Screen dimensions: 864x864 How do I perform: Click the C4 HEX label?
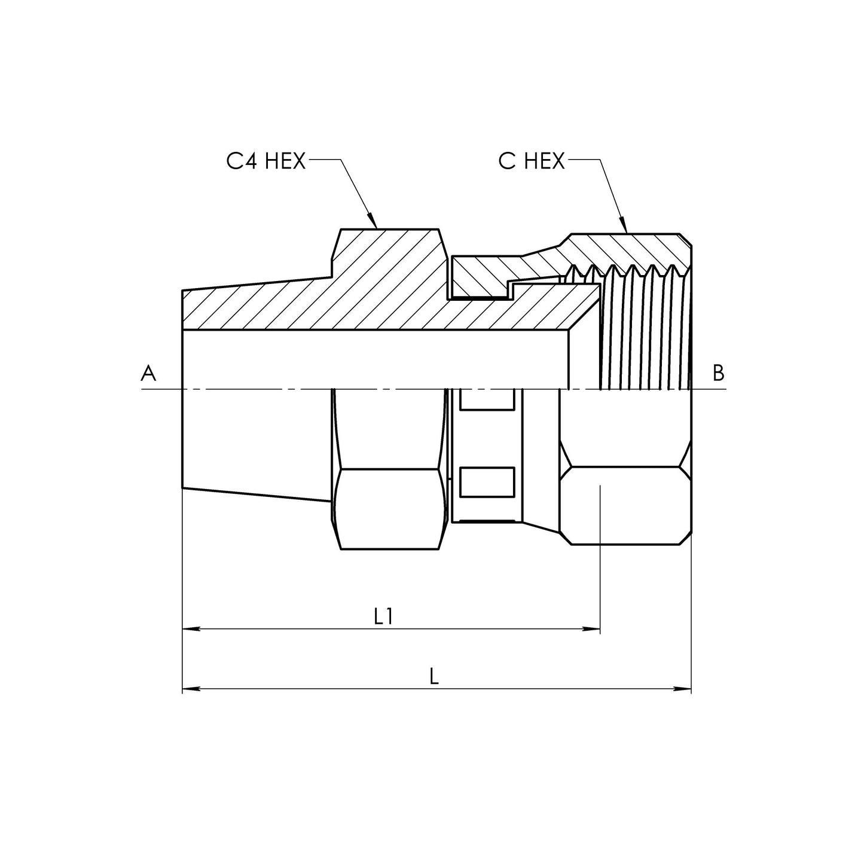[266, 161]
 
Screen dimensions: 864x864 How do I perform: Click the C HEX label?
[532, 161]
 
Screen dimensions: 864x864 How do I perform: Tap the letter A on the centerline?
[148, 373]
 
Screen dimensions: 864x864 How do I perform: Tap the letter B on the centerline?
[718, 373]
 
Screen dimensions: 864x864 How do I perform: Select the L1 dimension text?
[384, 617]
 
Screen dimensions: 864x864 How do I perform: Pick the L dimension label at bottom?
[433, 676]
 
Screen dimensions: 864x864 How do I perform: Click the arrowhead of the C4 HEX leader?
[372, 221]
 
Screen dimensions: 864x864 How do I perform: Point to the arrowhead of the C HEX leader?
[623, 225]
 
